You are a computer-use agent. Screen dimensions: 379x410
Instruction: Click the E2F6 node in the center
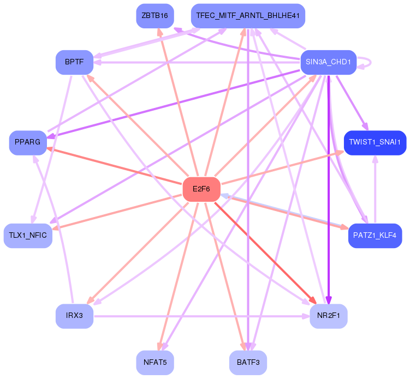tap(201, 189)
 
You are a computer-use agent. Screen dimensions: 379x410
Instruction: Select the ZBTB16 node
tap(155, 15)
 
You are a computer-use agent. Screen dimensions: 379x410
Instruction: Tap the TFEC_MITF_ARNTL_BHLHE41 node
tap(248, 15)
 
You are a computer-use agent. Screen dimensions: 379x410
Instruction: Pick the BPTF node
tap(74, 62)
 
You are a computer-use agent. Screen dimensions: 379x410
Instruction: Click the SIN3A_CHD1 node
tap(329, 62)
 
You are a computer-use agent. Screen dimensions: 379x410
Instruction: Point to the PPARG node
tap(28, 142)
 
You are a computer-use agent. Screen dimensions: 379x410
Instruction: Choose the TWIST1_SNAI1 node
tap(375, 142)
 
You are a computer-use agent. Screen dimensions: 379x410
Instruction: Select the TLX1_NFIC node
tap(28, 236)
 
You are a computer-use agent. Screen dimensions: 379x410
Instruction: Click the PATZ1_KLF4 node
tap(375, 236)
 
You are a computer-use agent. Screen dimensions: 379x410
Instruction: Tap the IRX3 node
tap(74, 316)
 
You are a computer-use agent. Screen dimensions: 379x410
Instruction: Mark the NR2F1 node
tap(328, 316)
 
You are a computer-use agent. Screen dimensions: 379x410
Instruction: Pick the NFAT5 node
tap(155, 362)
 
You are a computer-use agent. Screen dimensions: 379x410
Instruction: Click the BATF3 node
tap(248, 362)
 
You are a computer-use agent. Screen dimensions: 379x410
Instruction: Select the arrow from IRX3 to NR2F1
tap(202, 316)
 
